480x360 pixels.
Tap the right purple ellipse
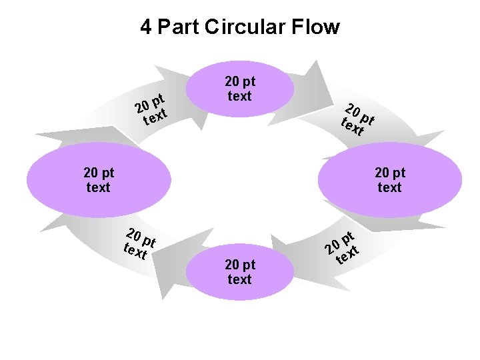tap(391, 180)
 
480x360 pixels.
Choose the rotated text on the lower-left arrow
tap(139, 243)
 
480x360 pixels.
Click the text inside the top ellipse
tap(240, 89)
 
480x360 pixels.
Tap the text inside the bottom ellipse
tap(240, 272)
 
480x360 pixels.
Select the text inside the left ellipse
tap(98, 180)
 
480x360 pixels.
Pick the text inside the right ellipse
tap(390, 180)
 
